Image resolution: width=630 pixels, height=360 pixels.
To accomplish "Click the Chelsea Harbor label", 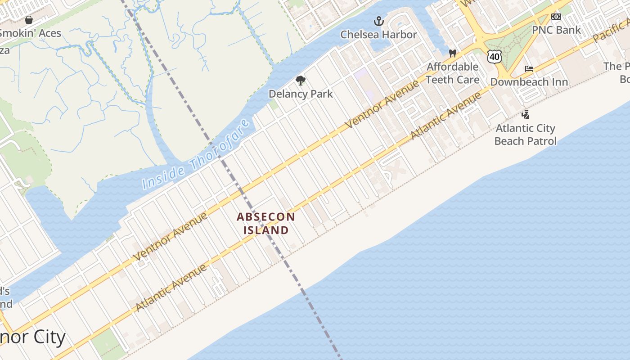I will click(x=378, y=35).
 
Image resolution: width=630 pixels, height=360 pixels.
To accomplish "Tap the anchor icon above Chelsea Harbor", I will click(x=379, y=21).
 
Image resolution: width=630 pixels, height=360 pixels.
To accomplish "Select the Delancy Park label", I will click(x=301, y=94).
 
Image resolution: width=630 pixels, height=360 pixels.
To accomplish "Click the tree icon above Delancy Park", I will click(x=300, y=81).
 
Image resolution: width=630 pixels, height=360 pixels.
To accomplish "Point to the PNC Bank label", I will click(x=556, y=30).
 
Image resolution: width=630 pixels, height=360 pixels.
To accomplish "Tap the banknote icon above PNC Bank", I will click(x=556, y=17).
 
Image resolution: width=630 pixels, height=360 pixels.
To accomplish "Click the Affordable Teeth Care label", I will click(x=452, y=73).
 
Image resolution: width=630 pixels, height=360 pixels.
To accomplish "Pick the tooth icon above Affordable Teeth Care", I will click(x=453, y=53).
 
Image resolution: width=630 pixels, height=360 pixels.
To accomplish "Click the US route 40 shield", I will click(x=494, y=56).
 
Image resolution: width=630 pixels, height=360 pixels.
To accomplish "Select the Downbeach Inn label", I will click(x=529, y=82).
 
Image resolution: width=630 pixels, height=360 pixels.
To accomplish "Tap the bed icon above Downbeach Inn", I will click(x=529, y=69).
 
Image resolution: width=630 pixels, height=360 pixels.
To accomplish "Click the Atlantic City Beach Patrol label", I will click(x=525, y=135).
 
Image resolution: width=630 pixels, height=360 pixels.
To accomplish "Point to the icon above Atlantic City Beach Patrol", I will click(x=525, y=115).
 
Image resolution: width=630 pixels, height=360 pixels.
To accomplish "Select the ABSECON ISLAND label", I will click(x=266, y=223).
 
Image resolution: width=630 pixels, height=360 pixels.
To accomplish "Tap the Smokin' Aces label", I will click(x=31, y=33).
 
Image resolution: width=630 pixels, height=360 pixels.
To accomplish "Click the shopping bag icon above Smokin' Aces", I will click(x=29, y=20).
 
